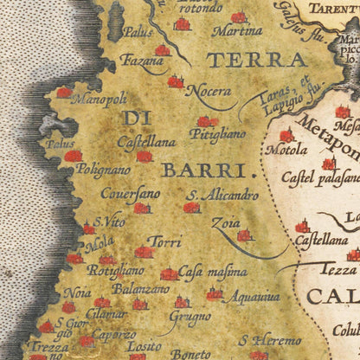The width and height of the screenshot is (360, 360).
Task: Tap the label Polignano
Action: tap(102, 170)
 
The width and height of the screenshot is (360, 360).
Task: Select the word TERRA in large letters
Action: tap(257, 61)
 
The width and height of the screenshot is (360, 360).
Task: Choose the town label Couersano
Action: tap(130, 195)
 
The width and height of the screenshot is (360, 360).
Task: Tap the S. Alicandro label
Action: tap(223, 195)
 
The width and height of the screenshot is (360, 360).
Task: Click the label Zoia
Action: tap(226, 222)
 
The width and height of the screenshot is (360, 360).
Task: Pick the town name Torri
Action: tap(164, 241)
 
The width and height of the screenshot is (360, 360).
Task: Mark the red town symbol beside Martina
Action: tap(239, 16)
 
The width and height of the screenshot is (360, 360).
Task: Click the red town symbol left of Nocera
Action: tap(176, 82)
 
